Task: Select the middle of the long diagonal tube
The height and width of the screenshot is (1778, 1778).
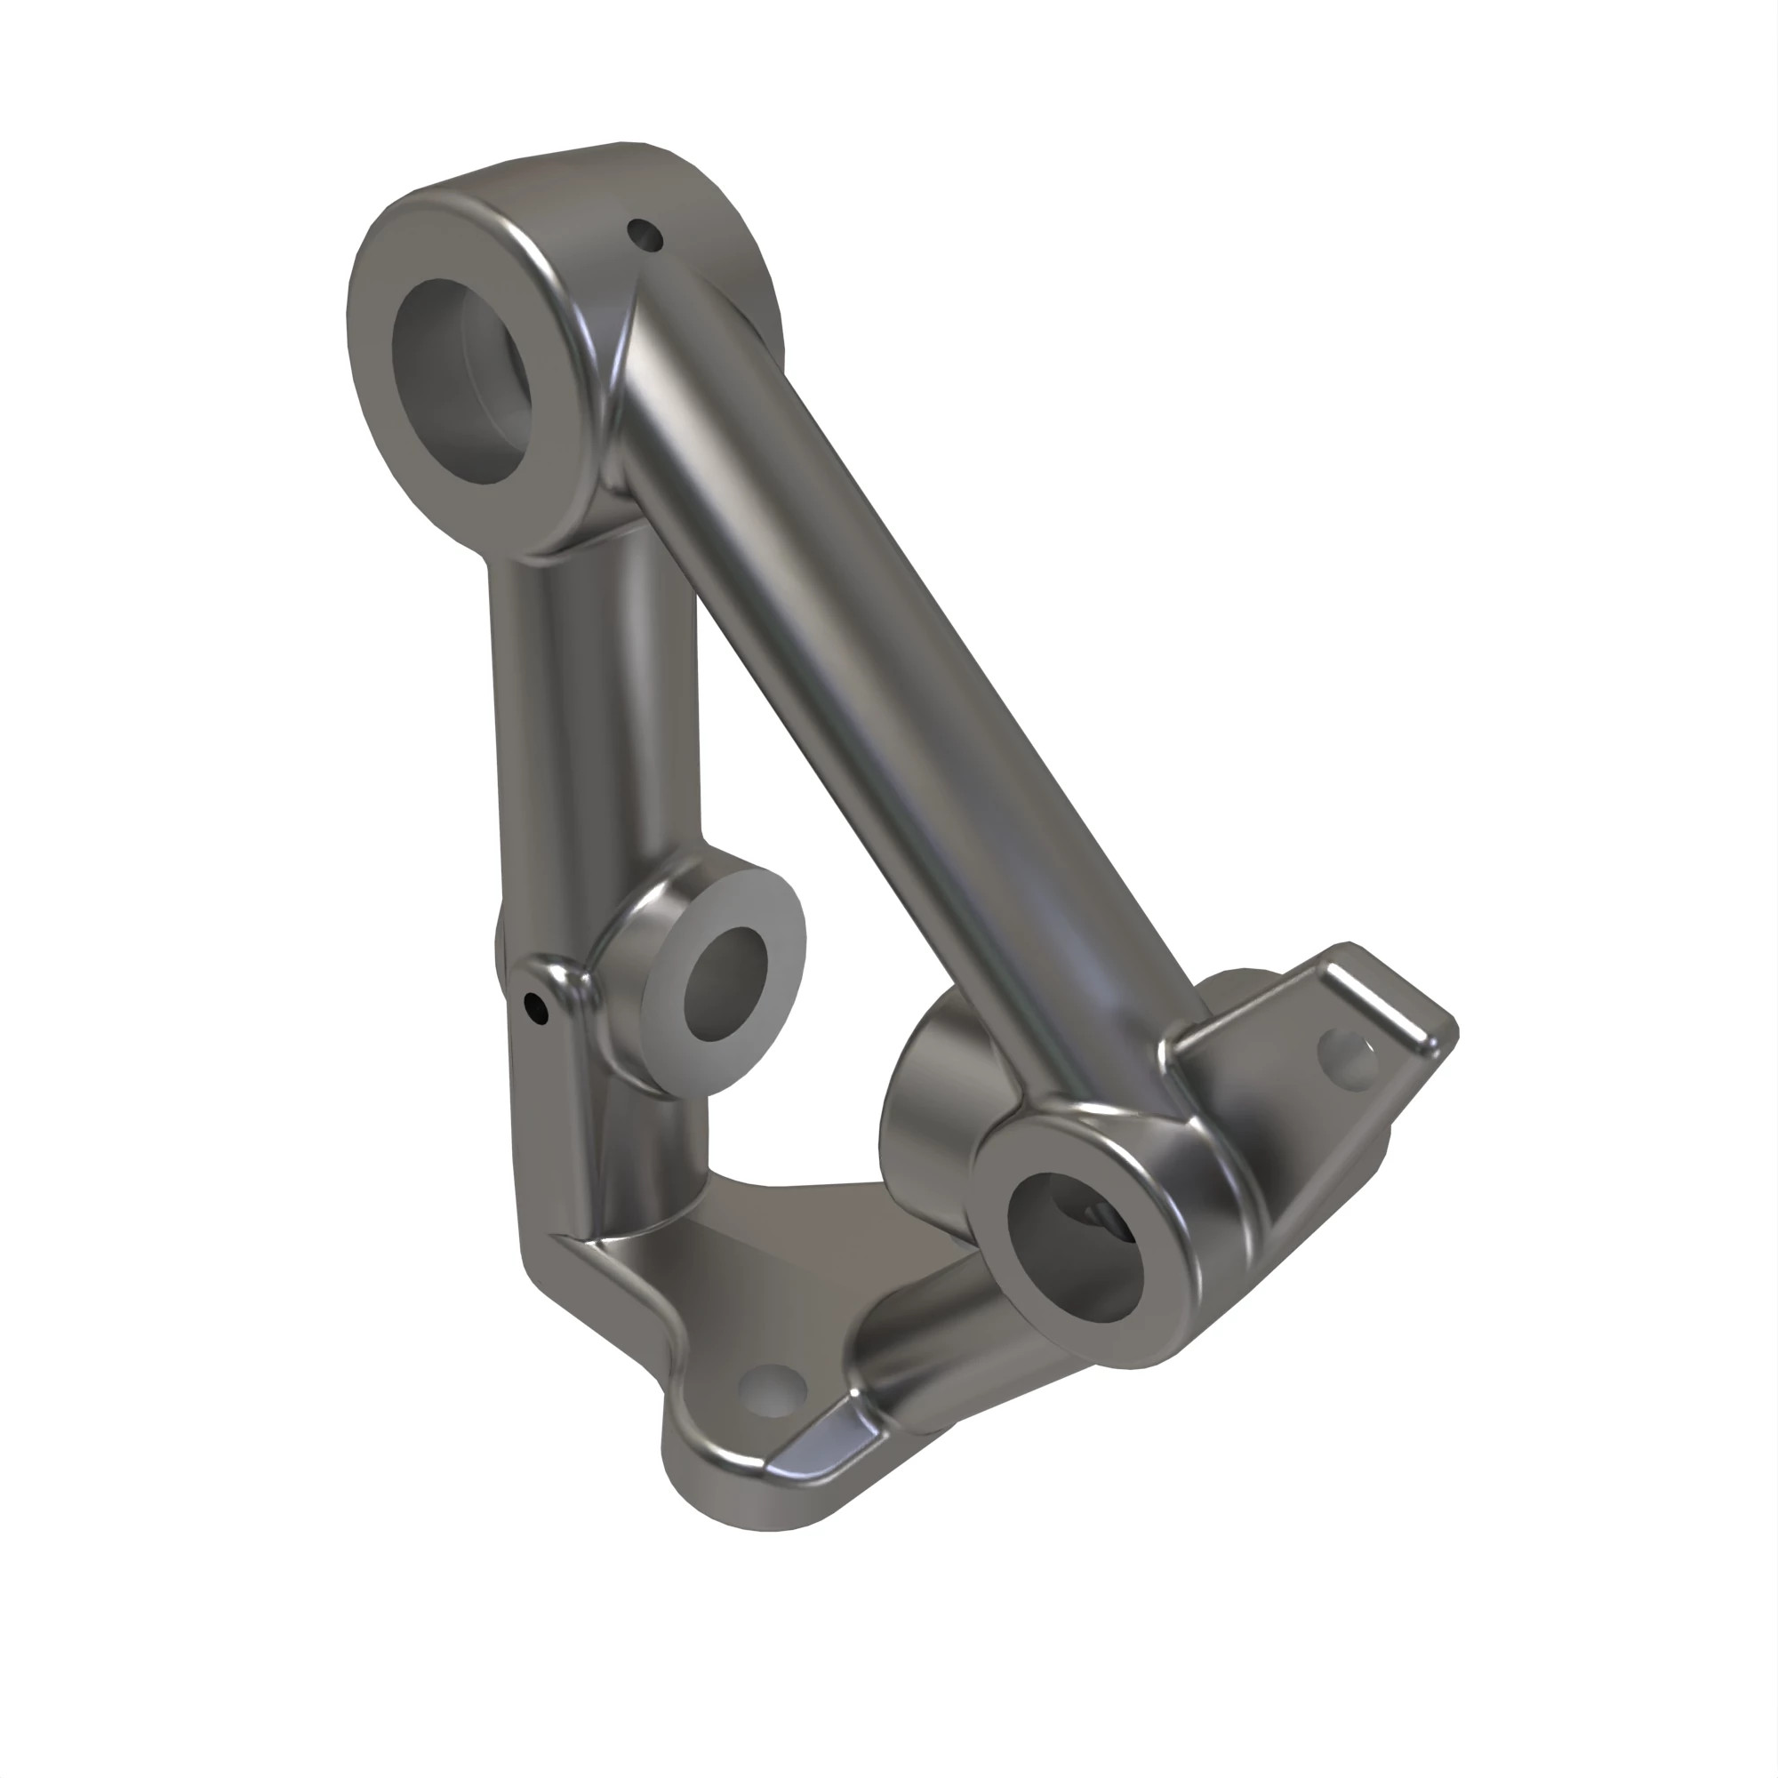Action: click(x=884, y=700)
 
